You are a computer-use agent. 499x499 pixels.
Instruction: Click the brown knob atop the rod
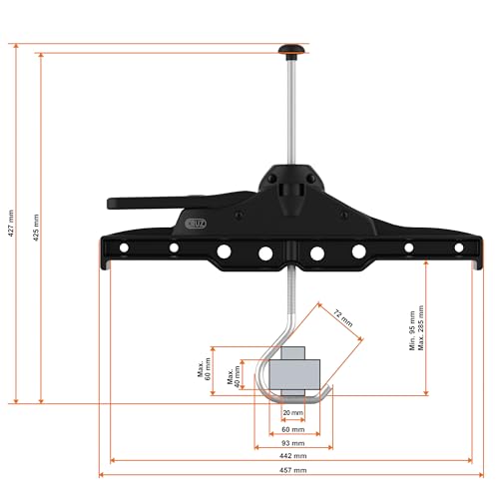pyautogui.click(x=289, y=47)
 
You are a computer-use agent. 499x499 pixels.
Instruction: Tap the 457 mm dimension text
pyautogui.click(x=293, y=469)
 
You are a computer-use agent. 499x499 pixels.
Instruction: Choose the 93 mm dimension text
pyautogui.click(x=293, y=442)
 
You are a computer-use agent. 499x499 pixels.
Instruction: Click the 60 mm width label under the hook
pyautogui.click(x=293, y=428)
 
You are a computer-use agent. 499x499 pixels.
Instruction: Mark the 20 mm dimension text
pyautogui.click(x=293, y=412)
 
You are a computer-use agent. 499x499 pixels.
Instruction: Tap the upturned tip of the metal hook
pyautogui.click(x=329, y=387)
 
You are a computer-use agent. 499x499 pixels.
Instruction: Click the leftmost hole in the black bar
pyautogui.click(x=124, y=248)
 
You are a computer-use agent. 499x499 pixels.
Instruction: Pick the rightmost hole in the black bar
pyautogui.click(x=458, y=248)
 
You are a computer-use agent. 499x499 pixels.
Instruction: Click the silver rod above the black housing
pyautogui.click(x=289, y=110)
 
